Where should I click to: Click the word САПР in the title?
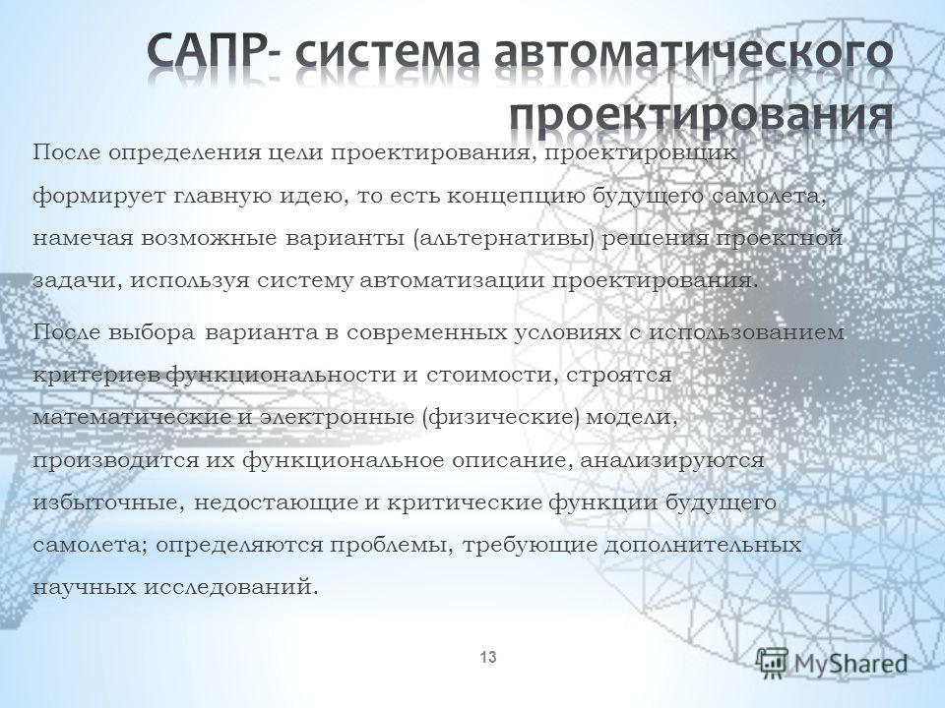(x=208, y=53)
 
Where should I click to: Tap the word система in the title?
(x=388, y=54)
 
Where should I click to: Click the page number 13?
(x=488, y=657)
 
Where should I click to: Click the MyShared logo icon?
(x=772, y=664)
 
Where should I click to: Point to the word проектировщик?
(x=641, y=154)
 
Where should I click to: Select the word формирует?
(x=98, y=197)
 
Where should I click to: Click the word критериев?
(x=97, y=376)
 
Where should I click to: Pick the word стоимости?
(x=487, y=375)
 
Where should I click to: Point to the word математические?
(x=132, y=418)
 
